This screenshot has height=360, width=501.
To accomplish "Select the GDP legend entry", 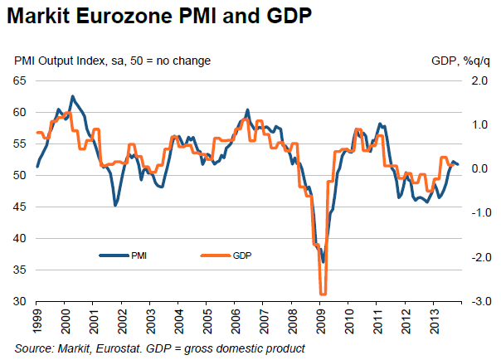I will coord(241,255).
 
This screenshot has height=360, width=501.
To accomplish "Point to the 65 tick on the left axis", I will coord(20,80).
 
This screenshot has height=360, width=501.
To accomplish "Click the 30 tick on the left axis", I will coord(20,301).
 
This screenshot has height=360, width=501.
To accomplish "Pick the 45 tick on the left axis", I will coord(20,207).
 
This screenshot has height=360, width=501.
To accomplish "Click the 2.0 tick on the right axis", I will coord(479,80).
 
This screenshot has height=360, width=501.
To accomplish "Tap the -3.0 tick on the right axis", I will coord(477,301).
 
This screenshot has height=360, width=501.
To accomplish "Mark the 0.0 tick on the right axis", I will coord(479,169).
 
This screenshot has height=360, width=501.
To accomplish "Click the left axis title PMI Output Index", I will coord(112,61).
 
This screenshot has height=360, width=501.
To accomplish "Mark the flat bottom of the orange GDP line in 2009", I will coord(323,294).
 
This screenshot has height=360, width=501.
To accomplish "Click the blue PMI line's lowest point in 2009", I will coord(323,262).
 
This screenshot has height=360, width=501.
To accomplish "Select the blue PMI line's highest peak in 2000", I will coord(72,96).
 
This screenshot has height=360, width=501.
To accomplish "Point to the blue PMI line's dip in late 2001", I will coord(114,205).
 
